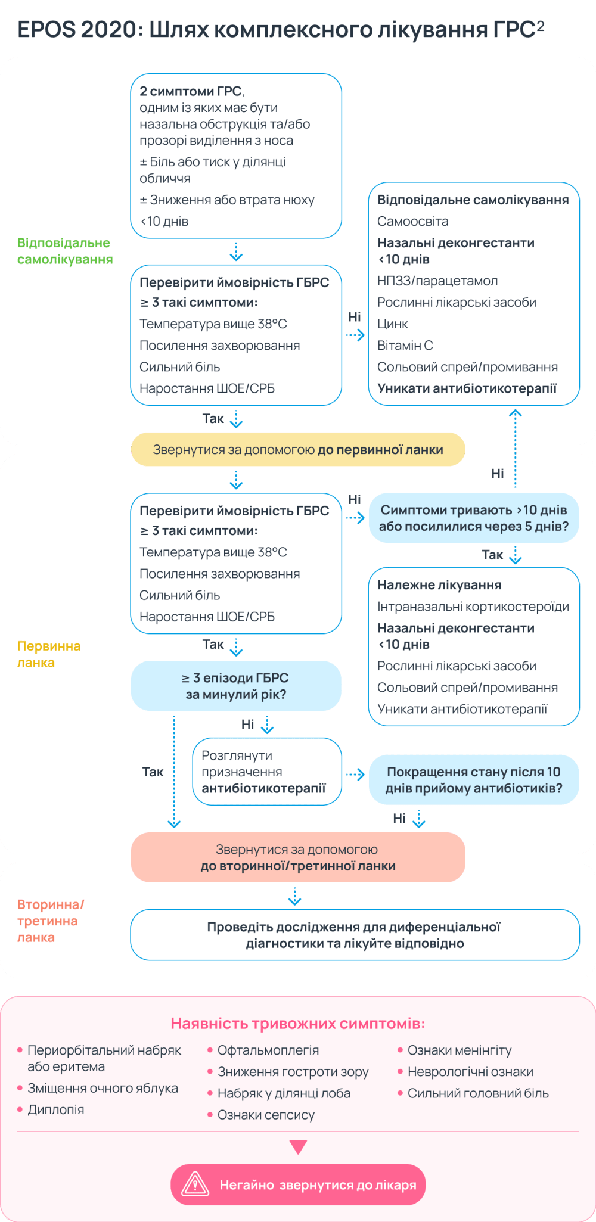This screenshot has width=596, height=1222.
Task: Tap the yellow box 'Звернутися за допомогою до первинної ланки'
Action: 297,449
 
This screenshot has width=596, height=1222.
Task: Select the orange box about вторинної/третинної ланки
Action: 297,857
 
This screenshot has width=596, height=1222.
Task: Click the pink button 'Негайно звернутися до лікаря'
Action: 298,1184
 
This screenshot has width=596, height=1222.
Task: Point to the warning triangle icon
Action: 195,1184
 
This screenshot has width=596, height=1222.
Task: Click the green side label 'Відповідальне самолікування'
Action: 64,251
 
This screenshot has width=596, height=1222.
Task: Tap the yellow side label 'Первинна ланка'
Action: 48,654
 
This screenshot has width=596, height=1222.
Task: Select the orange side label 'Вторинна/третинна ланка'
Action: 50,921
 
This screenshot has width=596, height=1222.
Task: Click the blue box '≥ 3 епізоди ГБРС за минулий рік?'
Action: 235,686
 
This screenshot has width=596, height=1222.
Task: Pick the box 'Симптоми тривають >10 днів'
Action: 474,518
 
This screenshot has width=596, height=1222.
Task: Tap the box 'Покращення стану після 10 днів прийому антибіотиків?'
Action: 474,780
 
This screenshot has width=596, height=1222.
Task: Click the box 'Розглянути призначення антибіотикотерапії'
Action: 266,772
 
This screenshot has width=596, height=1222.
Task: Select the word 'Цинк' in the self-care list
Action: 393,324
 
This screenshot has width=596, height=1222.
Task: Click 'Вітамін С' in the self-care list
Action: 405,346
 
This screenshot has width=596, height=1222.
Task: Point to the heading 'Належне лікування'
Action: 439,585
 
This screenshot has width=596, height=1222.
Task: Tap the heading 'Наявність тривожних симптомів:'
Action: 298,1024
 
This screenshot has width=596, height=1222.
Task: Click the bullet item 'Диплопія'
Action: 55,1109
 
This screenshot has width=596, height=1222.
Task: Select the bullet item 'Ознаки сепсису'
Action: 266,1115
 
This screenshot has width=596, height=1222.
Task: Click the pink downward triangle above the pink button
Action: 298,1147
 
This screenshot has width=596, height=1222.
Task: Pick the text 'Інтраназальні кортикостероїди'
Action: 473,607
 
